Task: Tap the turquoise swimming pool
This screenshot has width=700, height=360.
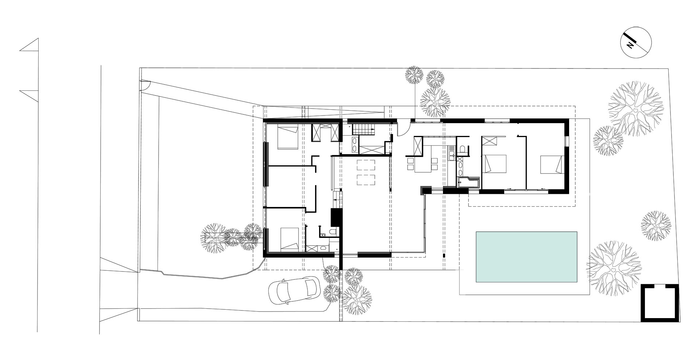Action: [x=526, y=257]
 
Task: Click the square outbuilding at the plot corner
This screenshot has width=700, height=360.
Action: [x=660, y=303]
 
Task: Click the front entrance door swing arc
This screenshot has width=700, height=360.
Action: [x=402, y=130]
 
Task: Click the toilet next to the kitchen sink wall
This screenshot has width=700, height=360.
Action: [x=462, y=149]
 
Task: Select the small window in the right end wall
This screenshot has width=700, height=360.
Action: [x=567, y=141]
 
